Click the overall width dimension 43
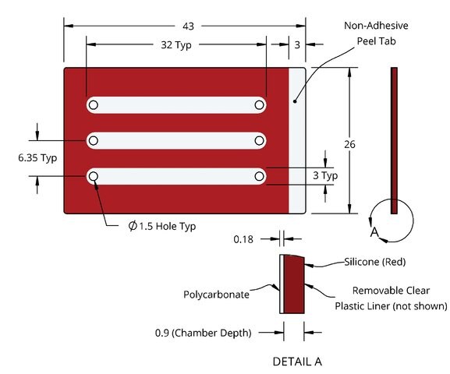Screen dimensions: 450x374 tap(188, 26)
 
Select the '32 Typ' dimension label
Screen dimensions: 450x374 tap(176, 45)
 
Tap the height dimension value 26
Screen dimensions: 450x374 tap(349, 144)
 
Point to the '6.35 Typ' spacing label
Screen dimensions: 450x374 tap(37, 157)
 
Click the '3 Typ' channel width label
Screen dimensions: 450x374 tap(325, 175)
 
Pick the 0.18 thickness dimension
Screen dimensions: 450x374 tap(243, 239)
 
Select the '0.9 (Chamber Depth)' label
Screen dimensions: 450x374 tap(204, 333)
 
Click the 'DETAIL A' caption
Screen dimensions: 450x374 tap(297, 362)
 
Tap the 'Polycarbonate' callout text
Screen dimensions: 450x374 tap(216, 295)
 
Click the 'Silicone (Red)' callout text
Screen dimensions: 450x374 tap(375, 262)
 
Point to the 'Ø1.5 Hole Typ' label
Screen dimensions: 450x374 tap(162, 226)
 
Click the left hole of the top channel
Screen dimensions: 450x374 tap(94, 105)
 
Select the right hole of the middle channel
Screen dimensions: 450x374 tap(259, 141)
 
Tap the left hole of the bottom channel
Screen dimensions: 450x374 tap(94, 176)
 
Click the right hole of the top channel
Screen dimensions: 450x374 tap(259, 105)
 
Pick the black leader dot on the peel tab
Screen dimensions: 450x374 tap(295, 101)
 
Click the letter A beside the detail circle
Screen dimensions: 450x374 tap(374, 232)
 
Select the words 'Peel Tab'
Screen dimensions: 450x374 tap(376, 41)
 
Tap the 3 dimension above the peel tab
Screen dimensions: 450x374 tap(297, 45)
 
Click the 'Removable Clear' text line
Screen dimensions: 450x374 tap(391, 291)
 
